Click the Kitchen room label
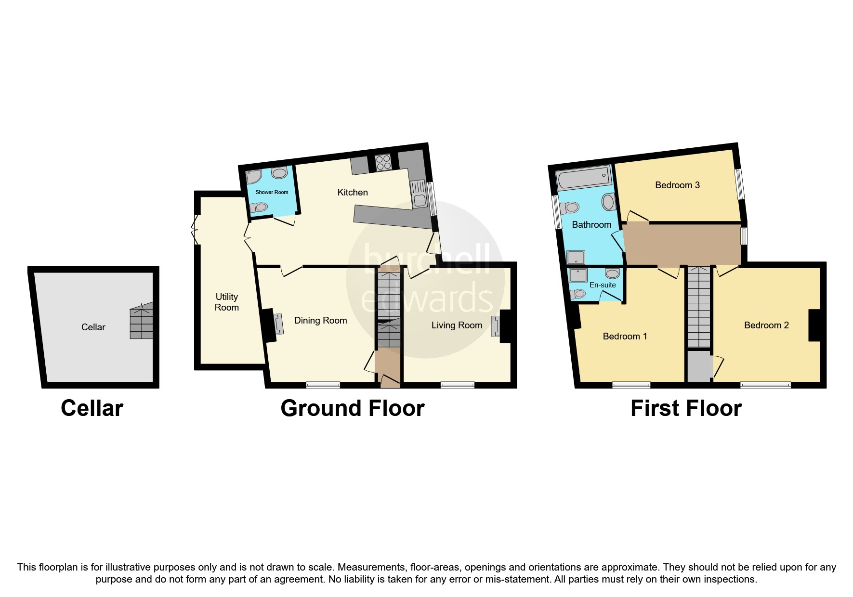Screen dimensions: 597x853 point(352,193)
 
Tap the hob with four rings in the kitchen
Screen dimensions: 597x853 point(383,162)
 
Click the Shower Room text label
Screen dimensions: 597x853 point(272,192)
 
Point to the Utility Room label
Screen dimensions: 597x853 point(226,302)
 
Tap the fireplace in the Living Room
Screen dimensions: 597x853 point(495,326)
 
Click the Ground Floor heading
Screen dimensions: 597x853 point(352,408)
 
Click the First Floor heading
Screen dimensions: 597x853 point(685,408)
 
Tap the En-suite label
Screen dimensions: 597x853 point(603,285)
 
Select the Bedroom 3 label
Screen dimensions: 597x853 point(677,185)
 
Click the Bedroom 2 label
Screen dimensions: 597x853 point(766,325)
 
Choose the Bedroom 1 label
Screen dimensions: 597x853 point(625,337)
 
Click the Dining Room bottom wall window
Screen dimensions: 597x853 point(323,385)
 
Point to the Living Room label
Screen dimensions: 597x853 point(456,325)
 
